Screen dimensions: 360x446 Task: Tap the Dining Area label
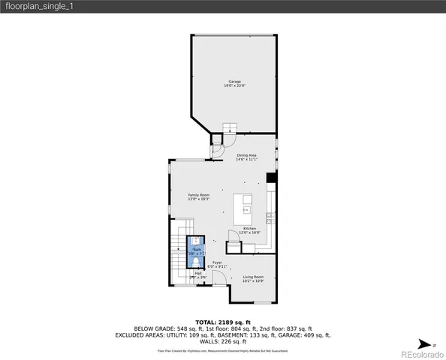(247, 155)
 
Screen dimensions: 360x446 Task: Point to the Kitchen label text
(249, 228)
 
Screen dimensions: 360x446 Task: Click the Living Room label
(253, 277)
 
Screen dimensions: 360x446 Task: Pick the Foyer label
(216, 262)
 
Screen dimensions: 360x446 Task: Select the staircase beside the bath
(179, 254)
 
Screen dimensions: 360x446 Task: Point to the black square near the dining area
(271, 178)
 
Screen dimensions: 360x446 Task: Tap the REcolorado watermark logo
(421, 354)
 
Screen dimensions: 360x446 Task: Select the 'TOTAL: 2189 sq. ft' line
(222, 322)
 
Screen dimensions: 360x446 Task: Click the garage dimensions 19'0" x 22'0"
(235, 85)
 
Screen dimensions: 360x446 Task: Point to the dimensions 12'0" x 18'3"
(198, 199)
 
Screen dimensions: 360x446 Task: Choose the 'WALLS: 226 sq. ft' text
(222, 342)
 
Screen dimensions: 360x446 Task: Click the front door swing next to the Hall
(217, 278)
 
